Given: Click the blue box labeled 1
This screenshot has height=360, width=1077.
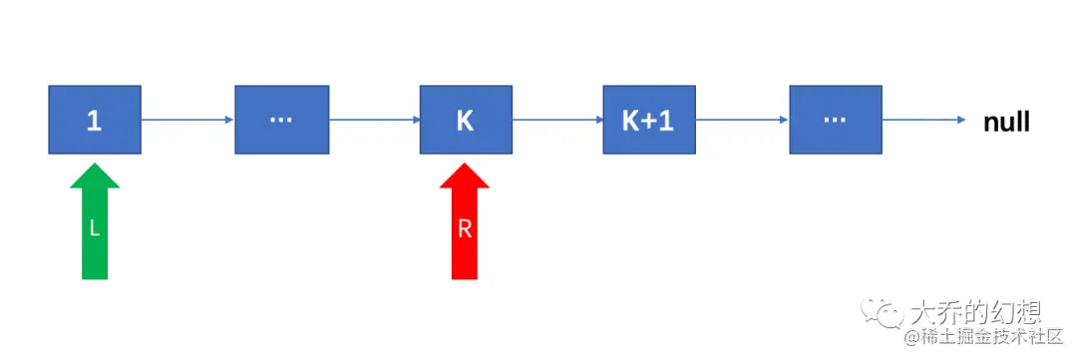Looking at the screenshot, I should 95,120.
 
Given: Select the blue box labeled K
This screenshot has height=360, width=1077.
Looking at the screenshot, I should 466,120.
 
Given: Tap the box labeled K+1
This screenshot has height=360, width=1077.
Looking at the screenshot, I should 648,120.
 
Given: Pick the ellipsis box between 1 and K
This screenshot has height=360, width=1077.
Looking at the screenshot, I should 281,120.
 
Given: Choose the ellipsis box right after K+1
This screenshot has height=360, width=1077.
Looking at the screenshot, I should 835,120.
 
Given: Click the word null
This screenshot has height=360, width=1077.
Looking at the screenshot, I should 1006,122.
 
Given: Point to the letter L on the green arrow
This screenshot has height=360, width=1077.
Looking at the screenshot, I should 95,228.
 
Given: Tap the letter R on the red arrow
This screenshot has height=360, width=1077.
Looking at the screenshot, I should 465,228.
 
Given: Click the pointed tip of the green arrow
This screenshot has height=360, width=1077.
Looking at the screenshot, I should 95,165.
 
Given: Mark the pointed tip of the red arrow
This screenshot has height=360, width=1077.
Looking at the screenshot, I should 465,165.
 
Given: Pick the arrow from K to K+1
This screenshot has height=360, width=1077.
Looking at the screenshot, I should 557,121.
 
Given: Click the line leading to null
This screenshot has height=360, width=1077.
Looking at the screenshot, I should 922,121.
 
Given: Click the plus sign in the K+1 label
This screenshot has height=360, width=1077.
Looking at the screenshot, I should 648,121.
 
